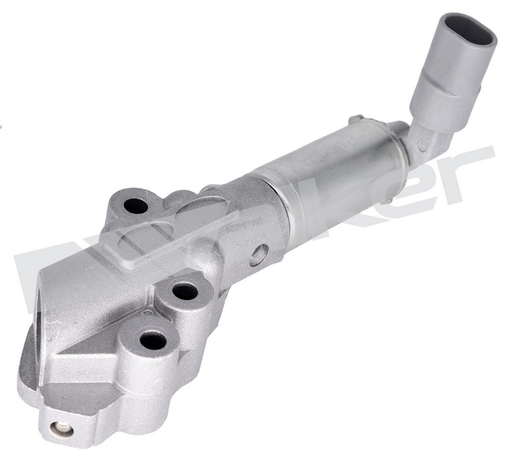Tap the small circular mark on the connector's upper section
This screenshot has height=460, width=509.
443,65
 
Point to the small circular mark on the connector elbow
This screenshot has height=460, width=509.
422,145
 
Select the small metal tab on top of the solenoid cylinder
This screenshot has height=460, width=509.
356,120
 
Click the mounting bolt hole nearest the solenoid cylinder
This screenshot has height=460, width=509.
135,206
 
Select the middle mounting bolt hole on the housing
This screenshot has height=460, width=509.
185,291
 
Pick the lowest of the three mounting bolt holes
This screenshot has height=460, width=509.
153,340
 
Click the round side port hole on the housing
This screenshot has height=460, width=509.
259,255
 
